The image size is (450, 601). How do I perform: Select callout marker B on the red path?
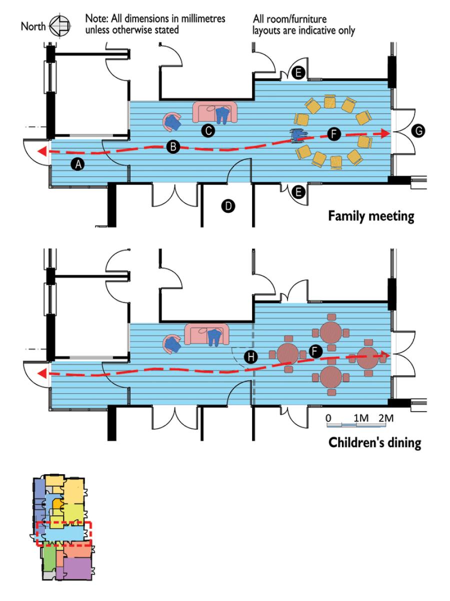pos(173,147)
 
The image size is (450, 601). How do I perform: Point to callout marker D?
pos(227,205)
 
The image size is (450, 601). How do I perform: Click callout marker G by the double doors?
pos(419,131)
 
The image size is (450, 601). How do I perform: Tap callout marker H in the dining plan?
pos(250,357)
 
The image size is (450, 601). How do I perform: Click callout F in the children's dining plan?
pos(314,351)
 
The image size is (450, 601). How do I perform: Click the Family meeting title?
pos(371,217)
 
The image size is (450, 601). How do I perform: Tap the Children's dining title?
pos(374,443)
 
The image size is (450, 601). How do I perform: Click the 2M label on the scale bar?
pos(386,418)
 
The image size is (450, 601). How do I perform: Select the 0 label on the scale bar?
pos(328,418)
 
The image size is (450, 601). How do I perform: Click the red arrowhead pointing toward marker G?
pos(384,133)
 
